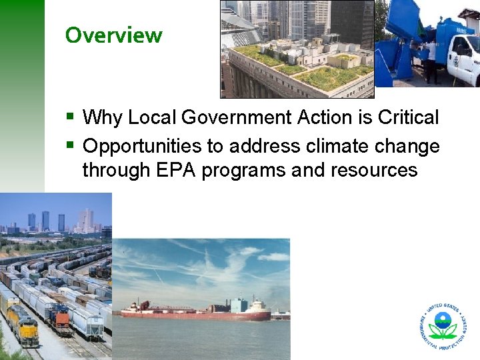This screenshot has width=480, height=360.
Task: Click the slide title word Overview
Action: pos(113,35)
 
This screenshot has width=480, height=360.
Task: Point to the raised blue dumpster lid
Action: pos(400,23)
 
